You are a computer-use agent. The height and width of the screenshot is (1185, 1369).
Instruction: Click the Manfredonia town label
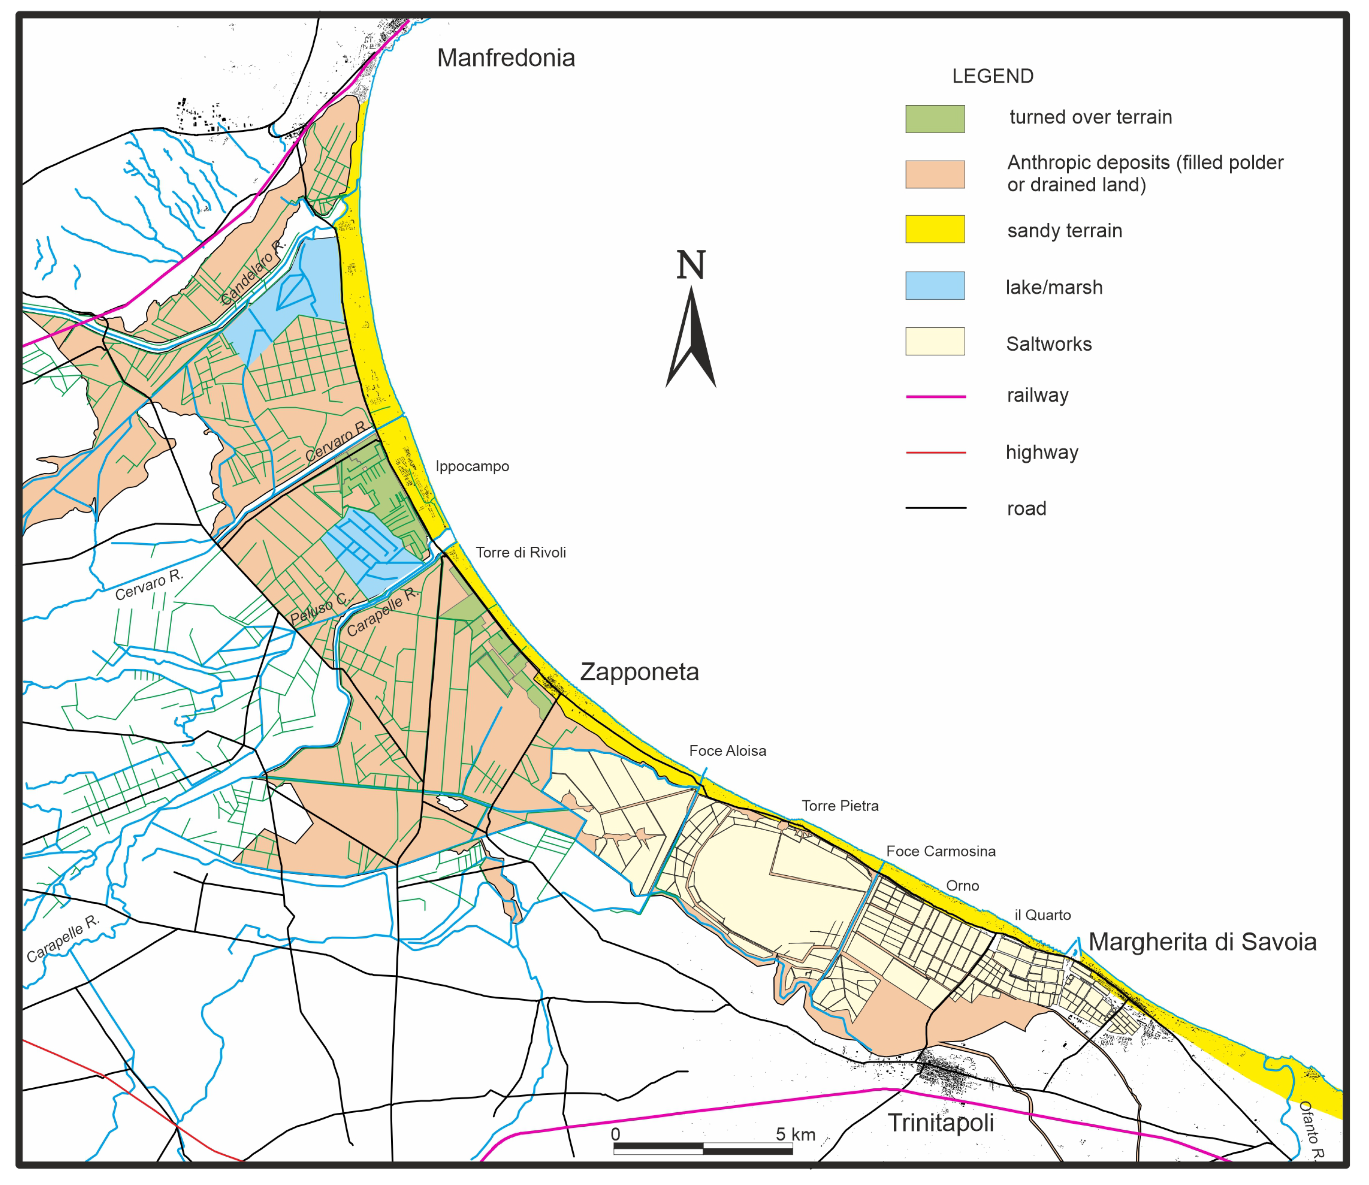point(506,58)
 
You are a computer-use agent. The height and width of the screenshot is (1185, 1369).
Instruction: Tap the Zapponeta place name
point(639,672)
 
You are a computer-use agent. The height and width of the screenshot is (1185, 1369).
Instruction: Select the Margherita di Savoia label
point(1202,942)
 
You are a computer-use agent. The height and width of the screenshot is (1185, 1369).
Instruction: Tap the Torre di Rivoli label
point(520,552)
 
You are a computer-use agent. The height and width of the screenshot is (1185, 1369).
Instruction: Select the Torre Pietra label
point(840,805)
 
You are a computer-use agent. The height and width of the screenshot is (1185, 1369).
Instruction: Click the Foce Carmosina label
point(940,851)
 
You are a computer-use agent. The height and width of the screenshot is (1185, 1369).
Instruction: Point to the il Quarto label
point(1042,915)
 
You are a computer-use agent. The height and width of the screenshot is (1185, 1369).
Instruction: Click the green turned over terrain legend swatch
point(935,119)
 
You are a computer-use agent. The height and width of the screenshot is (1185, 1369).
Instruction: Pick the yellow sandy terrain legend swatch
point(935,229)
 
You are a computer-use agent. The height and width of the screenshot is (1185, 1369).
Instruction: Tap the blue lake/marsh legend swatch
point(935,286)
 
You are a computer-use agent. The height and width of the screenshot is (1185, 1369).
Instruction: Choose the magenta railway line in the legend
point(935,396)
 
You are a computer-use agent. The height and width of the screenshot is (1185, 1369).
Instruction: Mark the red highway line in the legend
point(935,452)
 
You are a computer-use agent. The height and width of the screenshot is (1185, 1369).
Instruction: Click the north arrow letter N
point(690,265)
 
